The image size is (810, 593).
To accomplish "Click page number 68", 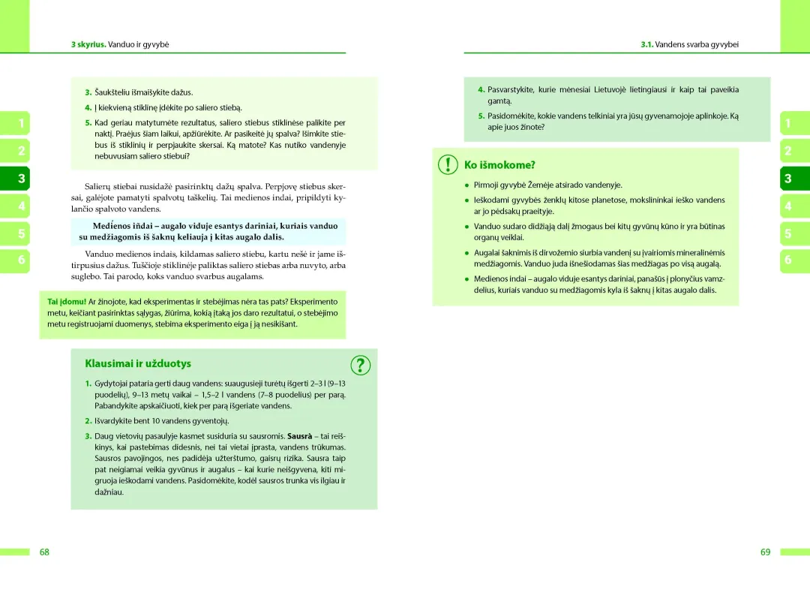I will pyautogui.click(x=44, y=552).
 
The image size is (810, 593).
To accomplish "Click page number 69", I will pyautogui.click(x=765, y=552).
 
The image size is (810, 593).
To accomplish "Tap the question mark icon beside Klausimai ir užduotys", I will pyautogui.click(x=361, y=365).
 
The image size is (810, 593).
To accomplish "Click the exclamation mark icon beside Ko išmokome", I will pyautogui.click(x=448, y=164).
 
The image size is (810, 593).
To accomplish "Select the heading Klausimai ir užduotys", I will pyautogui.click(x=138, y=363).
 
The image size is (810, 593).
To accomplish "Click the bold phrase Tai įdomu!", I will pyautogui.click(x=67, y=302).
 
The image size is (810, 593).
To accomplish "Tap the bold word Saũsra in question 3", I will pyautogui.click(x=300, y=435).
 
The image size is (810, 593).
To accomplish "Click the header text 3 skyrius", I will pyautogui.click(x=88, y=44).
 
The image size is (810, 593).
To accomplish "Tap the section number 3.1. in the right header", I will pyautogui.click(x=646, y=44).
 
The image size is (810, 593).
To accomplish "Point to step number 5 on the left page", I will pyautogui.click(x=88, y=122).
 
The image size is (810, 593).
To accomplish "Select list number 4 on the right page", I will pyautogui.click(x=481, y=89).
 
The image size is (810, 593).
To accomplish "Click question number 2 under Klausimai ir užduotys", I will pyautogui.click(x=88, y=420).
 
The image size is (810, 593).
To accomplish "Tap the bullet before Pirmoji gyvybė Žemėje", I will pyautogui.click(x=466, y=185).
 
